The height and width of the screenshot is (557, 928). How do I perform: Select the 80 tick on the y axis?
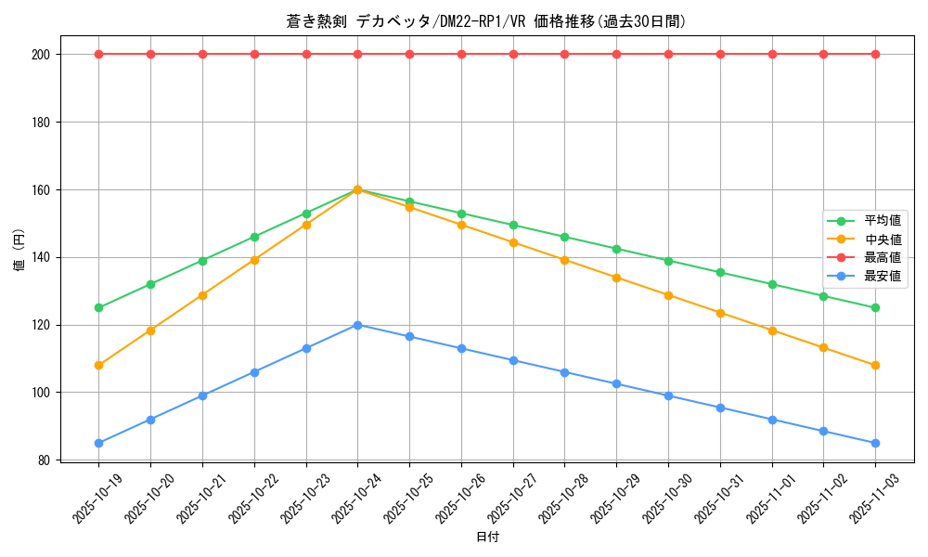pos(44,460)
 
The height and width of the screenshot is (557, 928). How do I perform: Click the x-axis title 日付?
pos(487,538)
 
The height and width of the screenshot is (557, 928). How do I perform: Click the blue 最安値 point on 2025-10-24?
pos(357,325)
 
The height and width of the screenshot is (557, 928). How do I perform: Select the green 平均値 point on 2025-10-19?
pos(98,307)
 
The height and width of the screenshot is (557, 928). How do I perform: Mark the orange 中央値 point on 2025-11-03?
pos(875,365)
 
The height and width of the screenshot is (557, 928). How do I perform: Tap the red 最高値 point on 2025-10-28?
pos(564,54)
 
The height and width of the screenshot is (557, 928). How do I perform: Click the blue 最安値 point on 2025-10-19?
pos(98,443)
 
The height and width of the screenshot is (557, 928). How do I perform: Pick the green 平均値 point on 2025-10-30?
pos(668,261)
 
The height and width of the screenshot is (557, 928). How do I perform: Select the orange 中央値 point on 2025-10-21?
pos(202,295)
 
